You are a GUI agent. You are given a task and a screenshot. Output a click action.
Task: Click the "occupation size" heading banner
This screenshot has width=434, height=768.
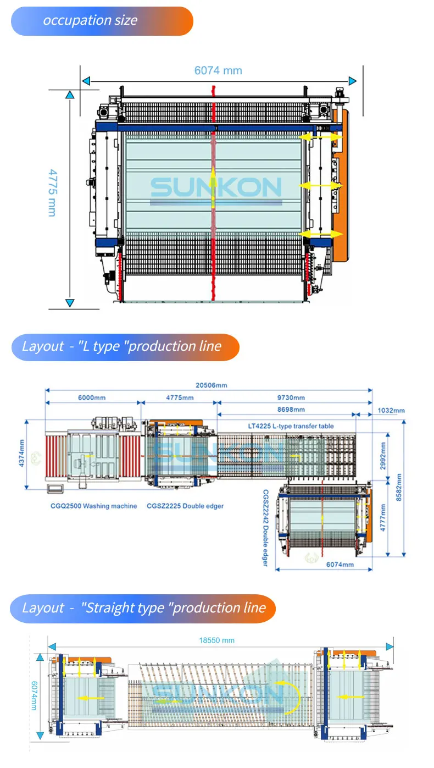click(x=102, y=21)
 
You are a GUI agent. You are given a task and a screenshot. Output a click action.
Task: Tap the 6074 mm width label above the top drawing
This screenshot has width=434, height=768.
click(x=218, y=70)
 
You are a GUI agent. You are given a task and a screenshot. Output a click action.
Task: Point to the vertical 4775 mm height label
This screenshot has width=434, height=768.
click(x=52, y=192)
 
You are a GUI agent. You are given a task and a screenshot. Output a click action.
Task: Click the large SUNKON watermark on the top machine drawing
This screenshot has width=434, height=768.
click(x=216, y=188)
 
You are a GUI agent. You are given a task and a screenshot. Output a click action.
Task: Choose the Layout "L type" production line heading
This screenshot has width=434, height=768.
click(x=125, y=347)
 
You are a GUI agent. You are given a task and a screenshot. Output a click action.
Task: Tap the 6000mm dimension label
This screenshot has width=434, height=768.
click(x=92, y=397)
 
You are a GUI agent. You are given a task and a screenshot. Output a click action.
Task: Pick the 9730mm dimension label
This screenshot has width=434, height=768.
click(x=291, y=397)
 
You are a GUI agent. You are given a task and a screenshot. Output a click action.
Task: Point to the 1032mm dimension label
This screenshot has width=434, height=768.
click(x=391, y=410)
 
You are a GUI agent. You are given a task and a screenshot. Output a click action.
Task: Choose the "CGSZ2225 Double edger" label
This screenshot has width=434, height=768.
click(x=185, y=506)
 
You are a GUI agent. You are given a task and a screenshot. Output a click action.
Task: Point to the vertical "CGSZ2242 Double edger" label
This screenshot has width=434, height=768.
click(x=265, y=528)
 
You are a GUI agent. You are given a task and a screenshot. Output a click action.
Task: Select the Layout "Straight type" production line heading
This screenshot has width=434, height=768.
click(x=142, y=608)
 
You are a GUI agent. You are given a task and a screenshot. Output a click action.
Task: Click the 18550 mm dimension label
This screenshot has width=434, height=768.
click(x=216, y=640)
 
